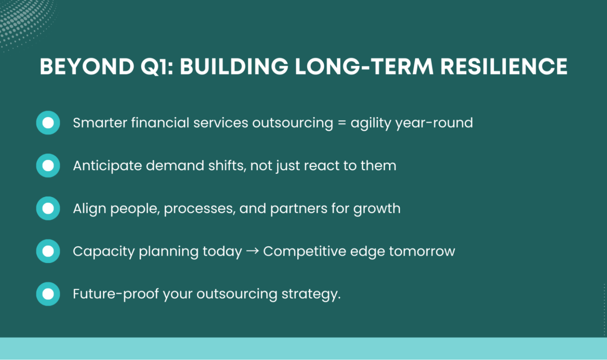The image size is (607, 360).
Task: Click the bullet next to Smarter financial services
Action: coord(48,123)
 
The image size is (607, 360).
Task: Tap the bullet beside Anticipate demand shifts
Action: coord(48,165)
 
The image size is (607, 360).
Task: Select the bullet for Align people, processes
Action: coord(48,209)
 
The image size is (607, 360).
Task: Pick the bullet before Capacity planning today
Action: coord(48,252)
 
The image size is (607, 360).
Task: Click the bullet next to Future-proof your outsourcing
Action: coord(48,294)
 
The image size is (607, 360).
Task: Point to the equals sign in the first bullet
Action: coord(340,123)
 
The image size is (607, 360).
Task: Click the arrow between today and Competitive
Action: coord(252,252)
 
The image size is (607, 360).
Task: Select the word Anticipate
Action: coord(103,165)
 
